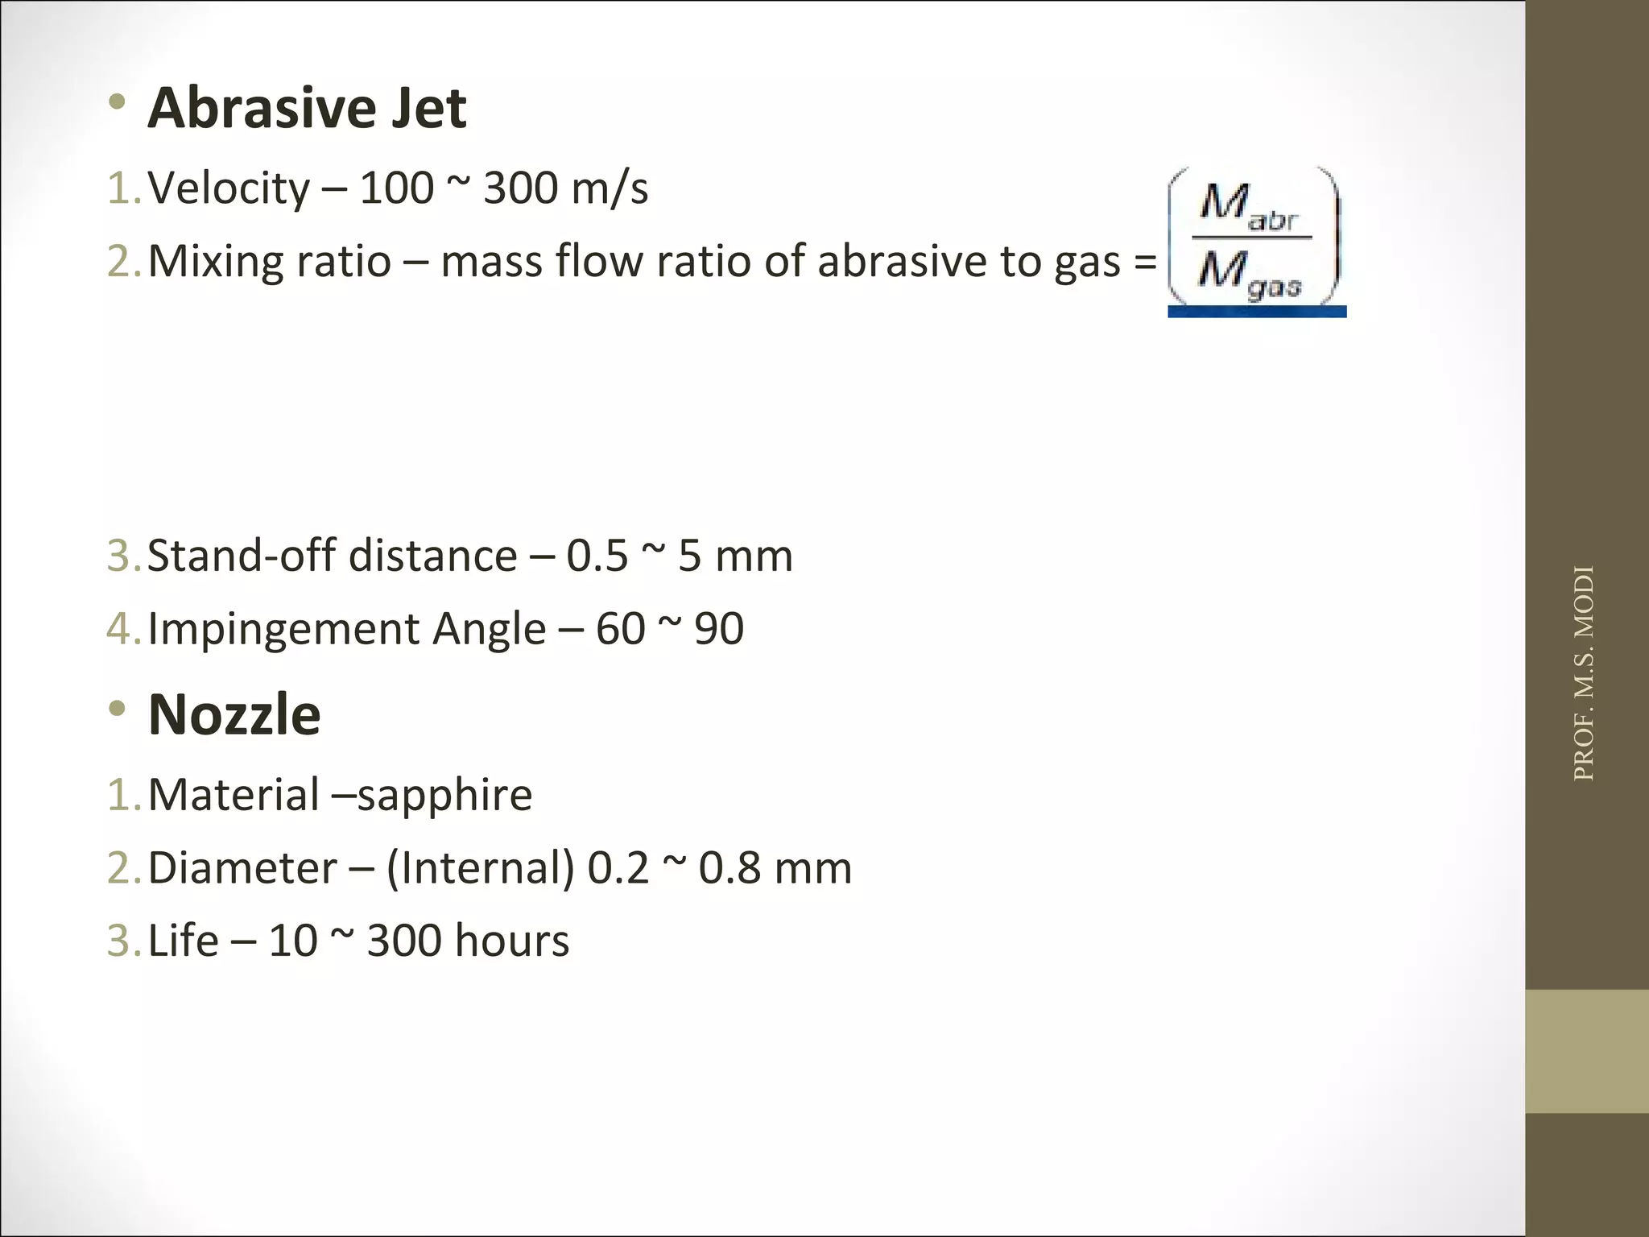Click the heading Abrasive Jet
tap(307, 108)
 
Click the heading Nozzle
tap(234, 715)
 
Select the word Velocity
tap(229, 189)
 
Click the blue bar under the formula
tap(1256, 312)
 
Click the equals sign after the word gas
tap(1145, 263)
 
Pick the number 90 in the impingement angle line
tap(719, 629)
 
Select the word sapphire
tap(444, 796)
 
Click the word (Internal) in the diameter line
tap(481, 868)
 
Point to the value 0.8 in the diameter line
tap(729, 868)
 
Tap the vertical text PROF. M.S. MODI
tap(1584, 673)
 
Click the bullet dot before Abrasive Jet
tap(118, 102)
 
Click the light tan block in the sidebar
tap(1587, 1051)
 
